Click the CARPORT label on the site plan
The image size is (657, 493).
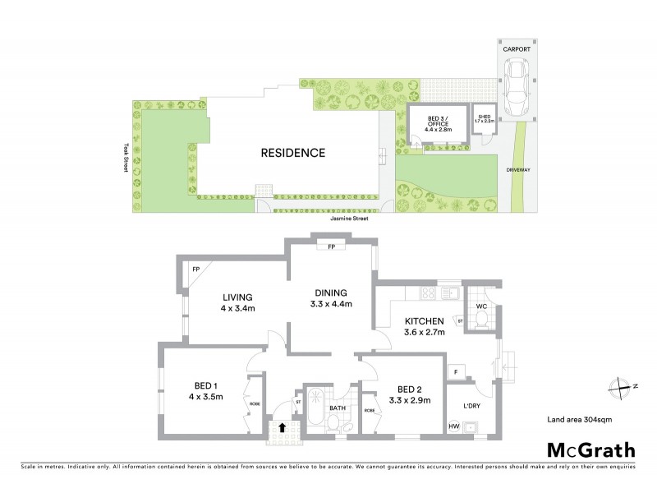tap(518, 49)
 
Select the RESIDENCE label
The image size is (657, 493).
tap(293, 153)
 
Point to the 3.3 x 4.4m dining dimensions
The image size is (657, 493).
tap(333, 304)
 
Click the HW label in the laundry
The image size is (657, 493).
tap(453, 426)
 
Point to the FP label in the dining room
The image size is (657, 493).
tap(331, 246)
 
